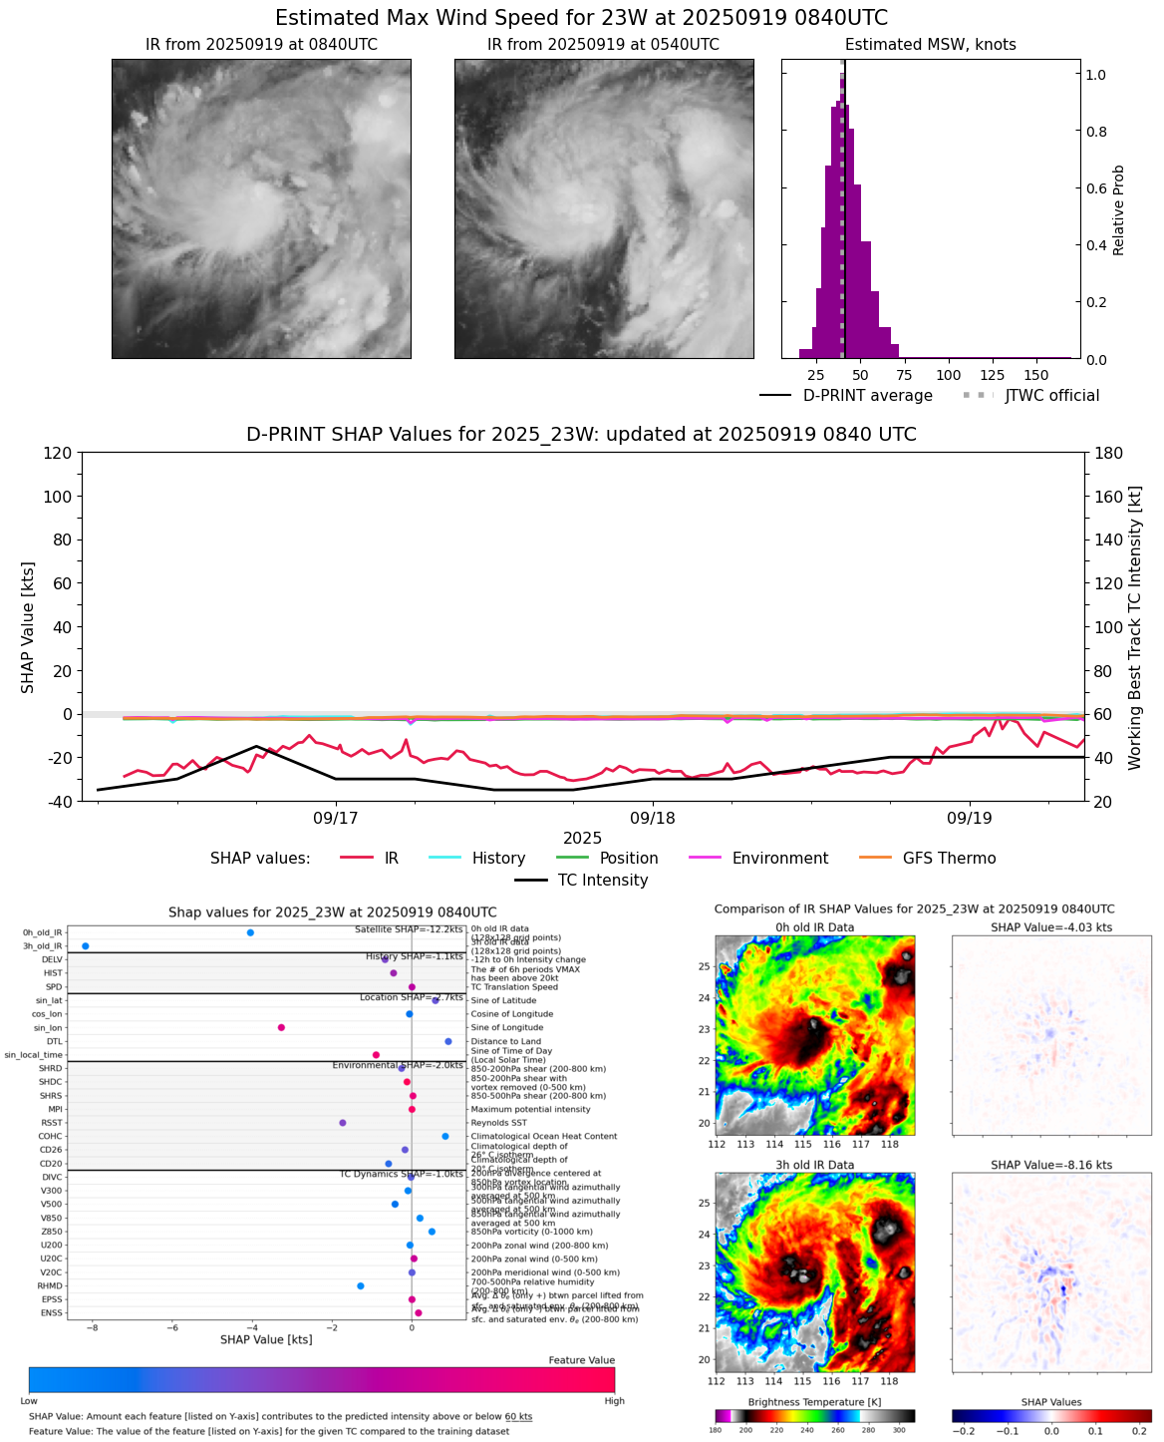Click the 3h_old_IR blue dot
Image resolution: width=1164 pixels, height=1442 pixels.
[x=85, y=945]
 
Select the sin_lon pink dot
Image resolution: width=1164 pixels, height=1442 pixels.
[x=281, y=1027]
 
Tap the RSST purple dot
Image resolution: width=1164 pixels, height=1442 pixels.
[x=343, y=1123]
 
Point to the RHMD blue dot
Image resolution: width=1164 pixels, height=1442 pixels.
[x=361, y=1286]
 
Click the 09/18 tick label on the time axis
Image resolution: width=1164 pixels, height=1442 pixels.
[x=653, y=819]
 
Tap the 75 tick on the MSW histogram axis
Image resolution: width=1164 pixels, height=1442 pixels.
[x=904, y=375]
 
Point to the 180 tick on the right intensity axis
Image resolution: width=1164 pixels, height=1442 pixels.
[x=1108, y=453]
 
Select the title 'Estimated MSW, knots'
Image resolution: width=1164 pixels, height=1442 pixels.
[x=931, y=45]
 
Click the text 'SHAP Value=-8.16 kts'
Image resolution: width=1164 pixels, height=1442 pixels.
[x=1051, y=1165]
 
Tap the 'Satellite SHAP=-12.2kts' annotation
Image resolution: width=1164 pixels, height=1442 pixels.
[x=409, y=929]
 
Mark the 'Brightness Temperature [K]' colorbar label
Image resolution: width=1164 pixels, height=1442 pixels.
[x=815, y=1402]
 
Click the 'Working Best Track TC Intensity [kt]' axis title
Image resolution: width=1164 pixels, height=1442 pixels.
[x=1135, y=628]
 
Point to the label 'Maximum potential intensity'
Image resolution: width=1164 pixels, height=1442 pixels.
[x=530, y=1109]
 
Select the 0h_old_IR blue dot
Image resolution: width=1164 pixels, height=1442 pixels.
[x=250, y=932]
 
